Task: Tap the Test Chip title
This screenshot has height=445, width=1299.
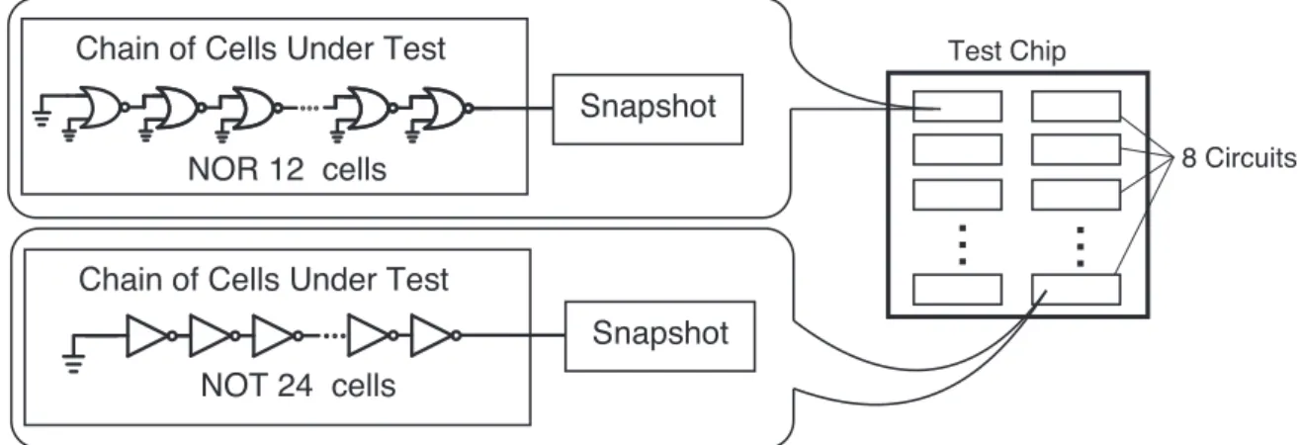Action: pos(1006,51)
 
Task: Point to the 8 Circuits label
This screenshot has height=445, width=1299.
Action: pos(1240,158)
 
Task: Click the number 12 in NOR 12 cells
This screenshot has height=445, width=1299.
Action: pos(287,169)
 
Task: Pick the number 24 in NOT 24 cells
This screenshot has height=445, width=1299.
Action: pos(296,386)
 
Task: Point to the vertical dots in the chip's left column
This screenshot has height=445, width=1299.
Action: pos(963,245)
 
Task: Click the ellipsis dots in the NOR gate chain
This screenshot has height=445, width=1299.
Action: pos(309,108)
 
